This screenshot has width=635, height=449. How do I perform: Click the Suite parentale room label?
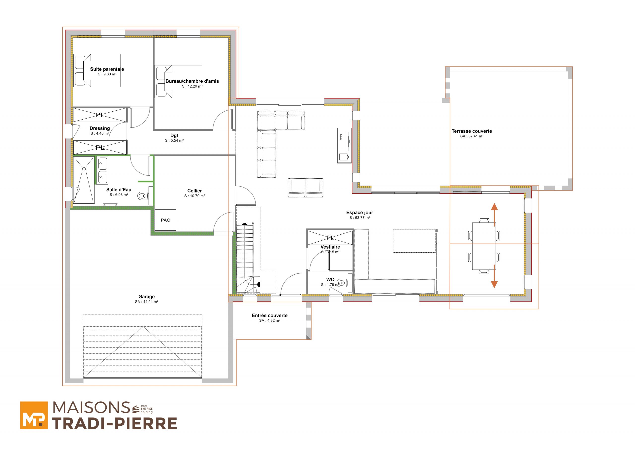tap(107, 69)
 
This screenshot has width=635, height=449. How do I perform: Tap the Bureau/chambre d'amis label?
tap(192, 81)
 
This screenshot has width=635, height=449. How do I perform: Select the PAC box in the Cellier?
tap(165, 220)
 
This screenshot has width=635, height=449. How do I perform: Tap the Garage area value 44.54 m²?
tap(147, 302)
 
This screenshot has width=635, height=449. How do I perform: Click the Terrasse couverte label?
tap(472, 131)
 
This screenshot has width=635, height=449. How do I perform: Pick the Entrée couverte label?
tap(270, 315)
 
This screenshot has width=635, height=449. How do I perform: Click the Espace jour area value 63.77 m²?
tap(359, 218)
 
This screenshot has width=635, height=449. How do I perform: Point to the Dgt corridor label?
tap(174, 135)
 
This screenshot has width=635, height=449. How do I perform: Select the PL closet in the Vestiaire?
tap(330, 238)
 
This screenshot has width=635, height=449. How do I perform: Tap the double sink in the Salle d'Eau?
tap(103, 170)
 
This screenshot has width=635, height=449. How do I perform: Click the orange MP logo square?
tap(34, 415)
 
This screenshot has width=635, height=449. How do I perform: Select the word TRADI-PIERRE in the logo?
tap(115, 423)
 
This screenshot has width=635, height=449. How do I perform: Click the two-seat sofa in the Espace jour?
tap(305, 188)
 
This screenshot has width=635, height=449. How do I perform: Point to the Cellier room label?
tap(194, 191)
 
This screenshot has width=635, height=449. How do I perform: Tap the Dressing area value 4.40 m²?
tap(99, 133)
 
